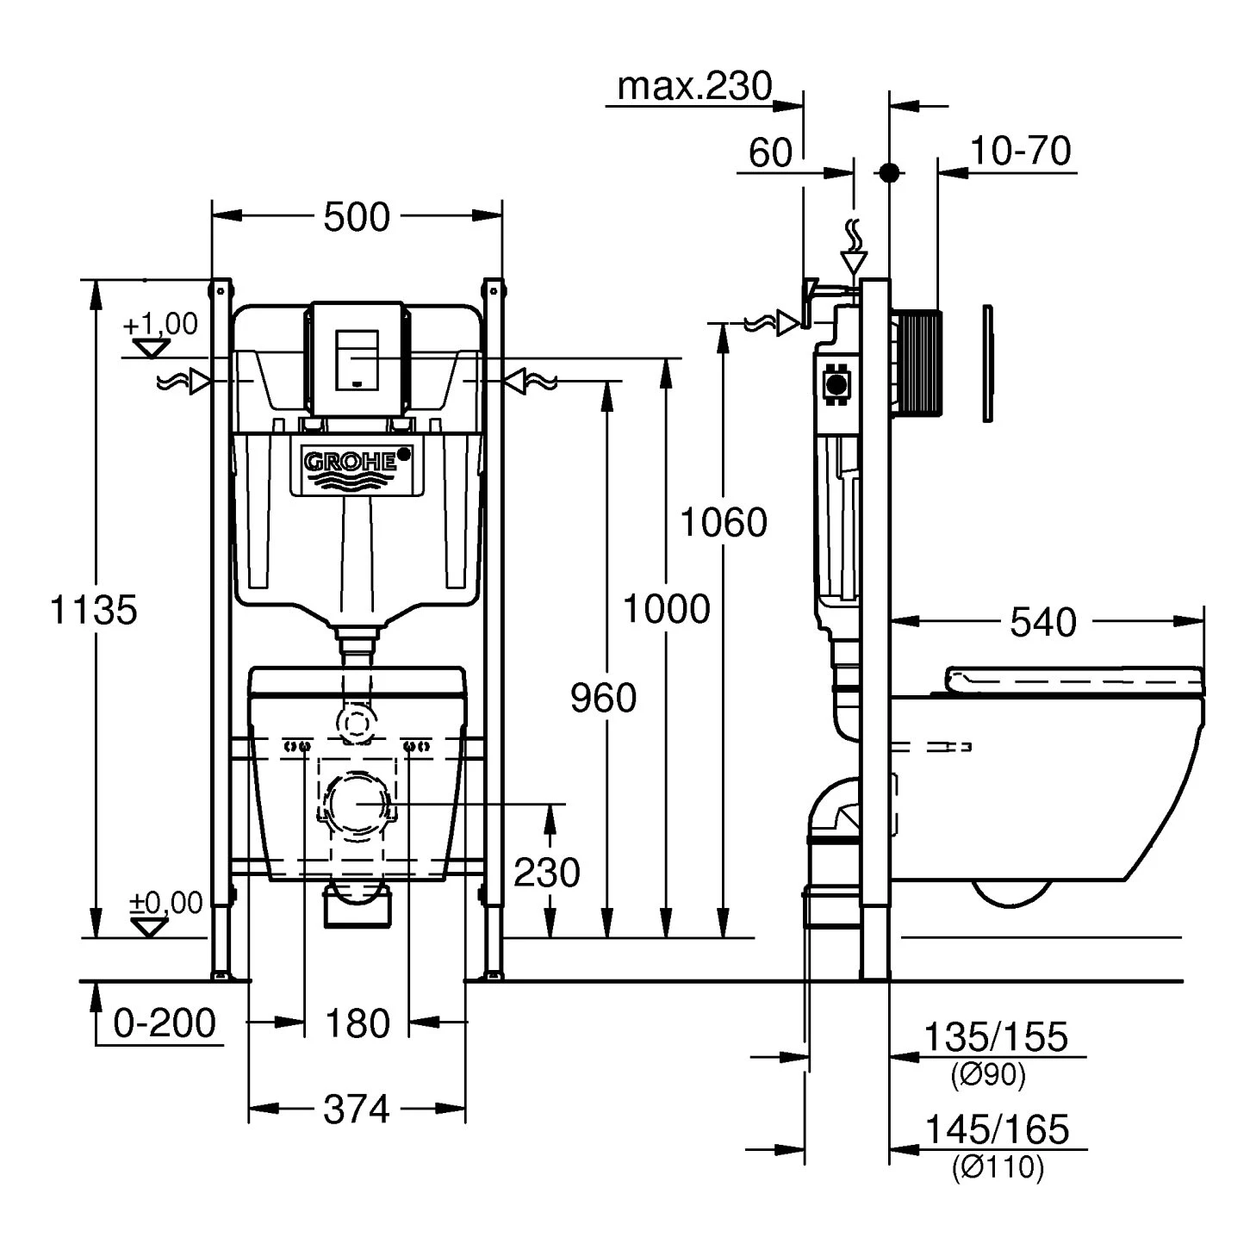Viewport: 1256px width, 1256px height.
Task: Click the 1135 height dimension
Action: pyautogui.click(x=94, y=610)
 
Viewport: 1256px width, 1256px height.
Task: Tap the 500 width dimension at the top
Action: pyautogui.click(x=357, y=217)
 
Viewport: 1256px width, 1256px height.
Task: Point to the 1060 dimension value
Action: pyautogui.click(x=724, y=523)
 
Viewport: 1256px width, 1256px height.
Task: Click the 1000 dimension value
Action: pyautogui.click(x=666, y=609)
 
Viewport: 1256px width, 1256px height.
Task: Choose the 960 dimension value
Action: pyautogui.click(x=604, y=698)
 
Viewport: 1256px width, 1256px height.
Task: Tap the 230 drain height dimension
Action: pyautogui.click(x=547, y=873)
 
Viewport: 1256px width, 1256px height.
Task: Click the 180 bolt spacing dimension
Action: pyautogui.click(x=358, y=1023)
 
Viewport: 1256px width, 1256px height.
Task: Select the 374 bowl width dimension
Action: pyautogui.click(x=357, y=1110)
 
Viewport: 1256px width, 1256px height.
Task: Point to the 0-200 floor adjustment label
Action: pyautogui.click(x=165, y=1023)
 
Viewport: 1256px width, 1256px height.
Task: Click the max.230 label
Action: pyautogui.click(x=695, y=86)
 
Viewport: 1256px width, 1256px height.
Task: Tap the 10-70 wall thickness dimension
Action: pyautogui.click(x=1020, y=151)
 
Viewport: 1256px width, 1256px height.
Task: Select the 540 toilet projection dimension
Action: pyautogui.click(x=1043, y=622)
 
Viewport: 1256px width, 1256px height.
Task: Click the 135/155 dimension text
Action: pyautogui.click(x=996, y=1036)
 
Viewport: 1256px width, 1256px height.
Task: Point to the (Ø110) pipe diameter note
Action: pyautogui.click(x=998, y=1168)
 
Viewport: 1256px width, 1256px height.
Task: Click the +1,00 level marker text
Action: pyautogui.click(x=160, y=325)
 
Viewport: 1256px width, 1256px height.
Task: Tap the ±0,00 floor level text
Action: pyautogui.click(x=165, y=903)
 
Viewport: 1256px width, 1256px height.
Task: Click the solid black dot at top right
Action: pyautogui.click(x=890, y=172)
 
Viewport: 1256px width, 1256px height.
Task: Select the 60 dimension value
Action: pyautogui.click(x=769, y=153)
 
